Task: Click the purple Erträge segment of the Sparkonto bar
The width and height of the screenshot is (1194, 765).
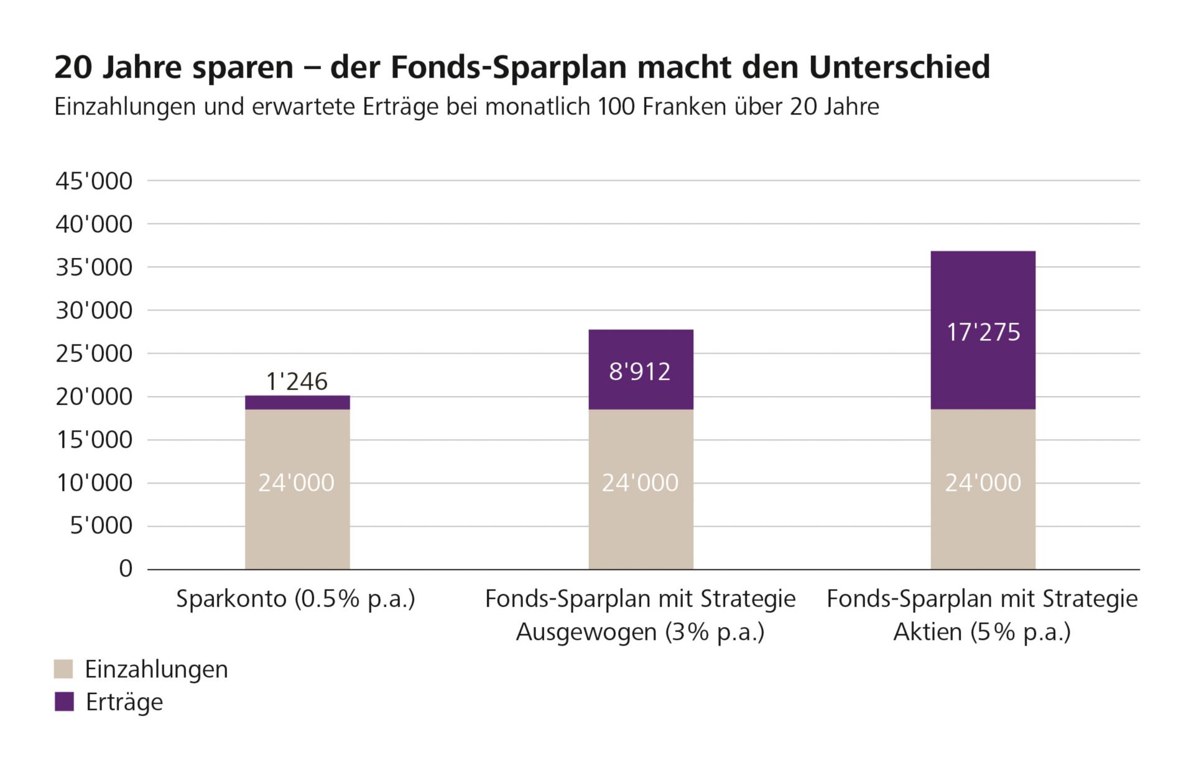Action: coord(297,402)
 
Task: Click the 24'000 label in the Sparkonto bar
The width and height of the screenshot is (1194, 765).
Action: coord(297,483)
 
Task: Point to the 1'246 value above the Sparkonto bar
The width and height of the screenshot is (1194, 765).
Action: coord(297,381)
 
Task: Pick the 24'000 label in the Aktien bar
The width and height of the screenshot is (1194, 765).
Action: coord(983,483)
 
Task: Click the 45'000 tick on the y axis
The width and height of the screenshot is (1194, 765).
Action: coord(94,181)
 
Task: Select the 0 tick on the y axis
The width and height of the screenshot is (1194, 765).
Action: coord(126,568)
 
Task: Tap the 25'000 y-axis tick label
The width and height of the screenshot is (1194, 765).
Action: coord(94,353)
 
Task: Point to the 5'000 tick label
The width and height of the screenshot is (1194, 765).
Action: coord(101,526)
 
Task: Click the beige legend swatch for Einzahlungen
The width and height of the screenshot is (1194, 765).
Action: coord(63,669)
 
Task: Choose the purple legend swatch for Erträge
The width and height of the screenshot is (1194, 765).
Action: coord(63,702)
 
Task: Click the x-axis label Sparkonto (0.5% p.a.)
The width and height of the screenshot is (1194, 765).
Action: coord(295,599)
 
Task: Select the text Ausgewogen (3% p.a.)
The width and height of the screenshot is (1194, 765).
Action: coord(640,632)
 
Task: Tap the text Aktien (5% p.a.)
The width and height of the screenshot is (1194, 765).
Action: coord(982,632)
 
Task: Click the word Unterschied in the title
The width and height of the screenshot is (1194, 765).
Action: coord(899,67)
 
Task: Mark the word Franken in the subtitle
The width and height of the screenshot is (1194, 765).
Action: coord(684,107)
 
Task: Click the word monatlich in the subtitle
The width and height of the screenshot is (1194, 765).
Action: coord(537,107)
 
